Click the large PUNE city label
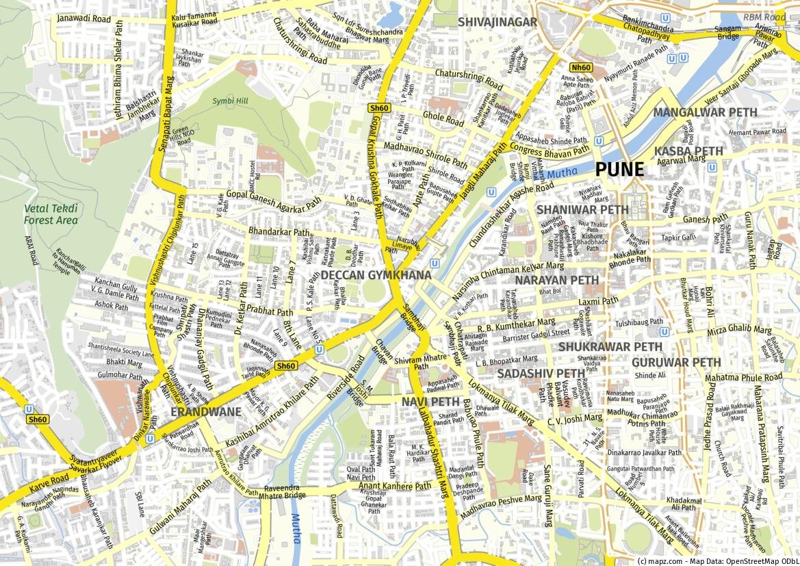click(x=629, y=169)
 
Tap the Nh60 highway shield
click(x=581, y=67)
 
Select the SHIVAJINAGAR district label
click(x=498, y=22)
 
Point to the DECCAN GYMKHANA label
click(x=376, y=275)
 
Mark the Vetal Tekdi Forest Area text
click(x=51, y=214)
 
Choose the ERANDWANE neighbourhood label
click(x=205, y=412)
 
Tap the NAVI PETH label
click(x=430, y=401)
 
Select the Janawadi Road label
click(x=84, y=18)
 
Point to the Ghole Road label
click(x=443, y=118)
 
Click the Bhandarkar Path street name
click(x=279, y=232)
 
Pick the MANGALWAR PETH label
click(x=705, y=112)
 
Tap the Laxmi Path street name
click(x=597, y=300)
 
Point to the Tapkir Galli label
click(x=678, y=237)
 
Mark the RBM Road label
click(x=764, y=16)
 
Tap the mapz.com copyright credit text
click(x=716, y=561)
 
